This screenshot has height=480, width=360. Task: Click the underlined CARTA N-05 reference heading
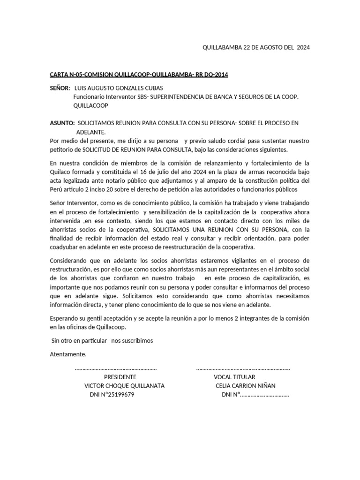tap(139, 75)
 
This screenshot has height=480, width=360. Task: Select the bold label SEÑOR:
tap(60, 88)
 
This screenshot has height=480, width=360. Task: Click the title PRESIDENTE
tap(120, 377)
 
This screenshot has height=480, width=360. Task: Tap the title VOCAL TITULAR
tap(234, 377)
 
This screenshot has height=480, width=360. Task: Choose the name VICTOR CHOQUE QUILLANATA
tap(124, 386)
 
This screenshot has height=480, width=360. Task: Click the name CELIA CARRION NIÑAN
tap(245, 386)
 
